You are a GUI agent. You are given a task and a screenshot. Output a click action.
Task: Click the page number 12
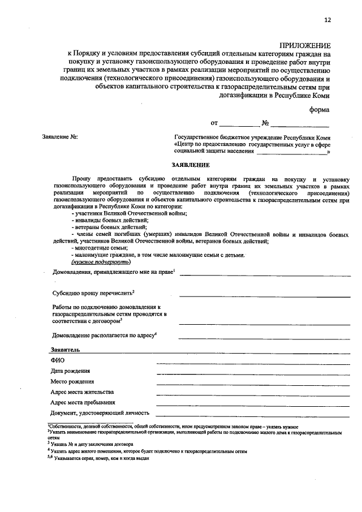[x=327, y=20]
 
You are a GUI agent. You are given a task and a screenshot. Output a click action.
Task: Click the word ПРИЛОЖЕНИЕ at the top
[x=305, y=45]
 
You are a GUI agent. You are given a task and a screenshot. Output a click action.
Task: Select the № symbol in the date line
[x=265, y=123]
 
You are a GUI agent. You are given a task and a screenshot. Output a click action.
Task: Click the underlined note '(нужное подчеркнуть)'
[x=101, y=262]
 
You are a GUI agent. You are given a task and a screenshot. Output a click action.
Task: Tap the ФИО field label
[x=58, y=360]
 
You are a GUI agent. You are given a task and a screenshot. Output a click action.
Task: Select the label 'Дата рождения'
[x=70, y=371]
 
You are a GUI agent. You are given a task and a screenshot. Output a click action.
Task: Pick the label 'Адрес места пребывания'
[x=83, y=402]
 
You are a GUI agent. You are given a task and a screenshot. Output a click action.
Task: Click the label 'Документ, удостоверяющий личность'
[x=100, y=413]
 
